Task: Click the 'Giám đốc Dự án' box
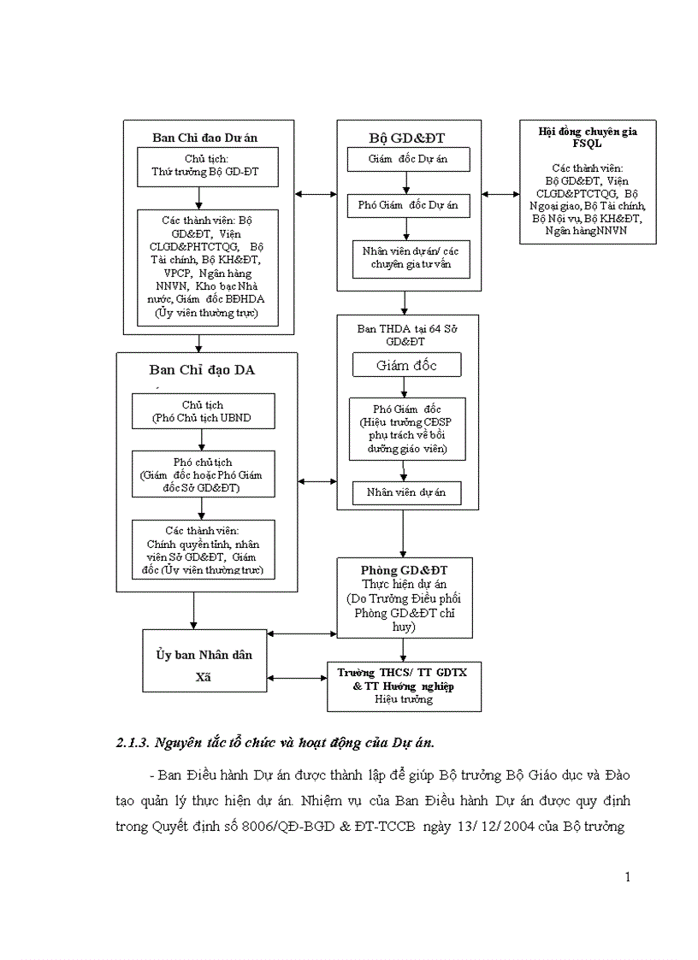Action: click(x=407, y=160)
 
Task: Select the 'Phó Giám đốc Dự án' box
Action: click(x=407, y=205)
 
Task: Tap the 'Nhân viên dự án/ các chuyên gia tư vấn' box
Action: click(x=411, y=258)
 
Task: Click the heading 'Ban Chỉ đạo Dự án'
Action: click(x=204, y=137)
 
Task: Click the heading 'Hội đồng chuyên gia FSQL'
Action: click(x=588, y=137)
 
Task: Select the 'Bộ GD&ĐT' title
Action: click(x=407, y=137)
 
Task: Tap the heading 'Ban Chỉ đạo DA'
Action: click(x=202, y=369)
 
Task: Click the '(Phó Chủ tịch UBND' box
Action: click(x=203, y=411)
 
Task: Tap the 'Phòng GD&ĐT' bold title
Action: click(x=405, y=568)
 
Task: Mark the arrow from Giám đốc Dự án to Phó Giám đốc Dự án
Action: click(x=407, y=183)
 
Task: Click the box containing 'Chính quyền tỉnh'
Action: click(x=204, y=548)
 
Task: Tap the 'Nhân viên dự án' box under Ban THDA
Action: click(x=406, y=492)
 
